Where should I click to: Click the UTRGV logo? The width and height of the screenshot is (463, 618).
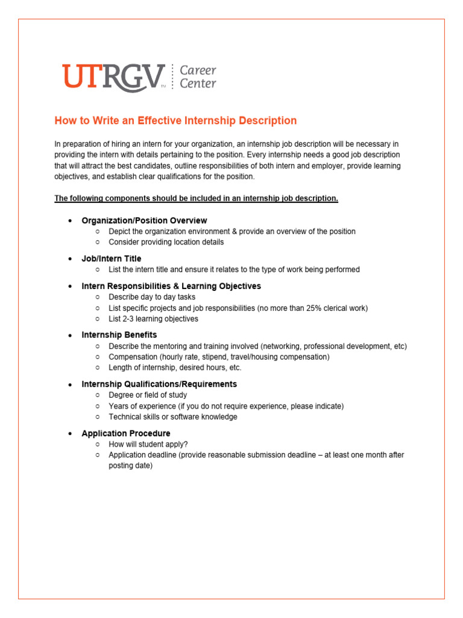tap(113, 77)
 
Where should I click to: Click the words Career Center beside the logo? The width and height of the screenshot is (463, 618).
tap(198, 77)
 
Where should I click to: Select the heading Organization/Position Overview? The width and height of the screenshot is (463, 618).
tap(144, 220)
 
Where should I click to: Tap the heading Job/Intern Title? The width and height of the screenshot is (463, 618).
tap(112, 258)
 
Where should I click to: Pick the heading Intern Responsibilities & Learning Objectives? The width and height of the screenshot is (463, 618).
tap(171, 285)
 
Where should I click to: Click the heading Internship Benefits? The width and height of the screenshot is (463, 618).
tap(119, 334)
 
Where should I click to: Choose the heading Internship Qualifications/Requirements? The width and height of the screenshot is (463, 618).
tap(159, 384)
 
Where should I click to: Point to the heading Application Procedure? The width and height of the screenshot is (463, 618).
tap(126, 433)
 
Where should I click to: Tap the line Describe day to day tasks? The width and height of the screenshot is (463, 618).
tap(152, 297)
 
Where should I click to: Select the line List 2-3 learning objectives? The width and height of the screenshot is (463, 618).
tap(153, 319)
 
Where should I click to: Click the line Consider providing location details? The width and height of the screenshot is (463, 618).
tap(166, 242)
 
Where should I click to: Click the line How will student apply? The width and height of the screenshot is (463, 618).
tap(148, 444)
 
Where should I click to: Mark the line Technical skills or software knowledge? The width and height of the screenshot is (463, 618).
tap(172, 417)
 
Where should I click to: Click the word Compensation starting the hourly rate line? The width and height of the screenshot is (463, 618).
tap(133, 357)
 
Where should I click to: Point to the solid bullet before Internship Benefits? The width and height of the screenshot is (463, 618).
tap(70, 335)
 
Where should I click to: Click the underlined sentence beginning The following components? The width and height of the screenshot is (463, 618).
tap(196, 199)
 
